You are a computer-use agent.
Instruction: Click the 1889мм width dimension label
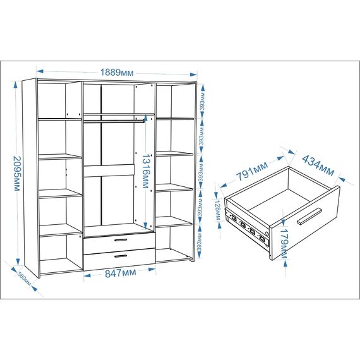[117, 73]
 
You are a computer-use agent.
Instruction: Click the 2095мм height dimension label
[17, 174]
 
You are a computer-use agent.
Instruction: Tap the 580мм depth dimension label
[25, 279]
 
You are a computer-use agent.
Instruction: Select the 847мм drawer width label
[120, 273]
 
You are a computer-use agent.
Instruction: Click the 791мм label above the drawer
[252, 171]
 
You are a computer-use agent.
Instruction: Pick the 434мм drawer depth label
[318, 165]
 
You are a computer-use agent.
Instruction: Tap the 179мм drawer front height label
[284, 243]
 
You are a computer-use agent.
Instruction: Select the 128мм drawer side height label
[218, 210]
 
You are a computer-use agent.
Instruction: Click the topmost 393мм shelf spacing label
[203, 102]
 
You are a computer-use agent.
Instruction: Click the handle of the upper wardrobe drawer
[121, 240]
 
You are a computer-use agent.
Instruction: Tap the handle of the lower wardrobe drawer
[121, 256]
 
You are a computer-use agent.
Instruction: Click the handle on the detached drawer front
[309, 216]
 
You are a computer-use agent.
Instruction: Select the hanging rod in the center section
[114, 121]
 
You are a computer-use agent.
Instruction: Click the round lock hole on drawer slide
[267, 234]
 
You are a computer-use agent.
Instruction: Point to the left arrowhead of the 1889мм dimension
[40, 71]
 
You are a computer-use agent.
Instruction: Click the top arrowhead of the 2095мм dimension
[15, 85]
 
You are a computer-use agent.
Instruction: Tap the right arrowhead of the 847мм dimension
[152, 269]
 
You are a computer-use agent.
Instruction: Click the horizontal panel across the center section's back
[109, 171]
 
